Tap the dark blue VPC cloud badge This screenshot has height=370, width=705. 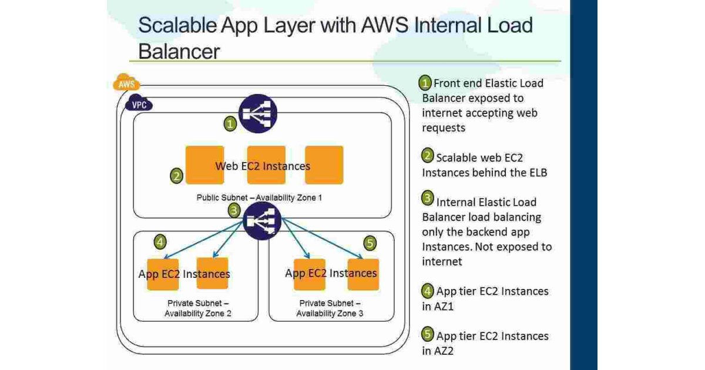point(139,105)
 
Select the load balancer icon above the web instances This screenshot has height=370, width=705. point(258,114)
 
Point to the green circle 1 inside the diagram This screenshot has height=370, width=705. point(231,123)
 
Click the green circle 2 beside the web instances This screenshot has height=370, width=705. point(177,176)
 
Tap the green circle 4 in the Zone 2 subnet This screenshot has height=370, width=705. point(160,241)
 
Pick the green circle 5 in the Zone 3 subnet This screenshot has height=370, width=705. point(370,243)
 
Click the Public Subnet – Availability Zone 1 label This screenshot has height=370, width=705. point(259,198)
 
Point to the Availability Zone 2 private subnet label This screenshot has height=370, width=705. point(197,308)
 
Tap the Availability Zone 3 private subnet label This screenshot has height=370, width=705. point(329,308)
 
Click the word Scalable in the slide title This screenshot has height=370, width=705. point(177,26)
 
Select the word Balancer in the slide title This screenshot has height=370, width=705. point(179,51)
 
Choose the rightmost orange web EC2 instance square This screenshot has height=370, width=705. point(324,165)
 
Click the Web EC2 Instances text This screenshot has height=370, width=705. point(263,166)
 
